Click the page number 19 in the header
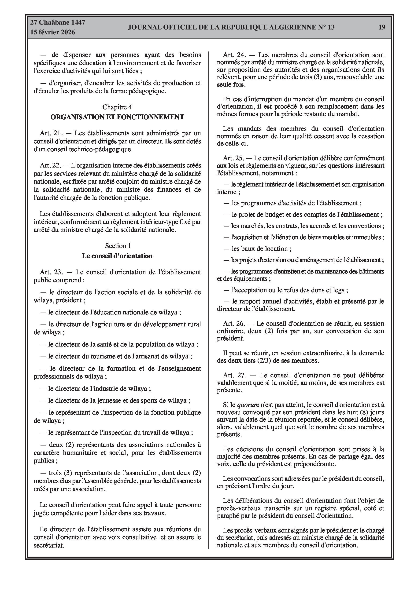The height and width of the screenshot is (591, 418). click(x=382, y=27)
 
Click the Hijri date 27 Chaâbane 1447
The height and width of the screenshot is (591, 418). click(x=58, y=22)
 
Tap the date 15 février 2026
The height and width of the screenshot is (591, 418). click(x=53, y=32)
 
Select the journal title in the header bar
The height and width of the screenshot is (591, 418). click(x=231, y=27)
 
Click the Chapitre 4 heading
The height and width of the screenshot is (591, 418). click(x=117, y=107)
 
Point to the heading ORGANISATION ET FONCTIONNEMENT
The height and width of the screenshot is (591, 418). click(x=117, y=117)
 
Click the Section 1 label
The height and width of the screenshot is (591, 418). click(x=118, y=246)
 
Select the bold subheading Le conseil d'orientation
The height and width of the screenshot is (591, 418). click(x=117, y=256)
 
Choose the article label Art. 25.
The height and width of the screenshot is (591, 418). click(x=234, y=158)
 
